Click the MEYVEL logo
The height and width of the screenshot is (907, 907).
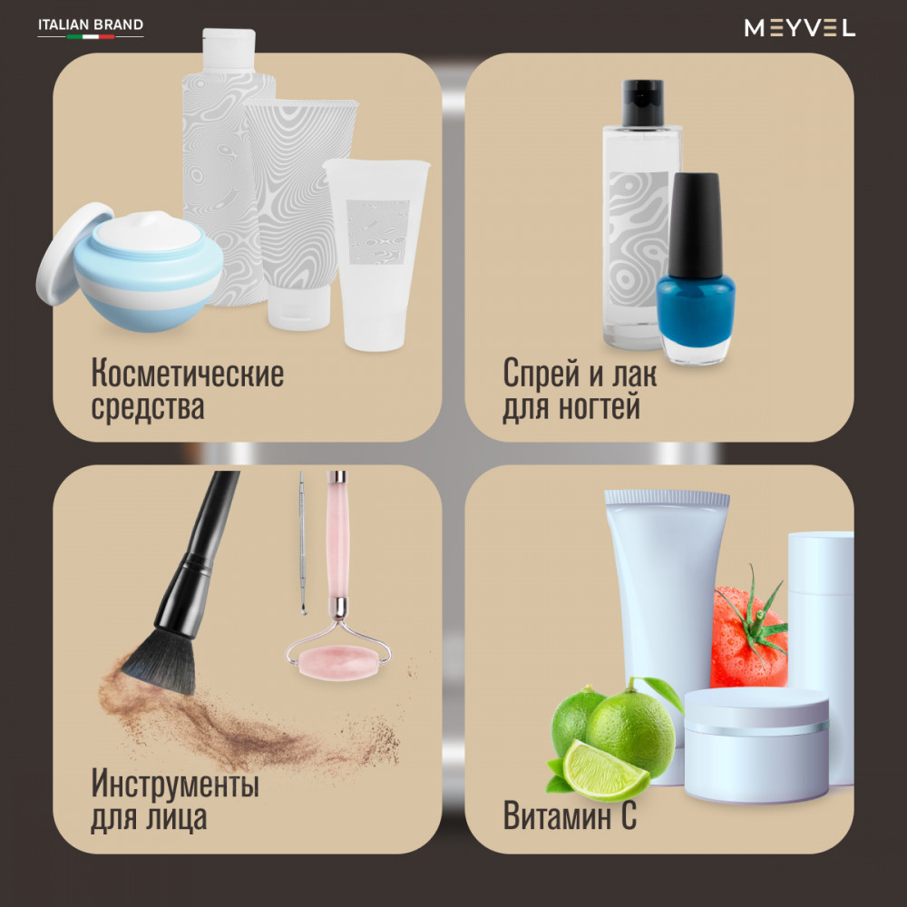point(799,28)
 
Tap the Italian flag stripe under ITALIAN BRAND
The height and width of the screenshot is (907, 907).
point(91,36)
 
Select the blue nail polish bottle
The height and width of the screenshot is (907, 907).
point(696,268)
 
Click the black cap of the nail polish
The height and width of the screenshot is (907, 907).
point(696,225)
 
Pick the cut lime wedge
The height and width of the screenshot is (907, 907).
point(605,769)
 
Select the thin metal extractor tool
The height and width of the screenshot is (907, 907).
point(302,542)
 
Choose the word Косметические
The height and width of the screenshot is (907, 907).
point(188,373)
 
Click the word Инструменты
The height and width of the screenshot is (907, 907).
point(175,784)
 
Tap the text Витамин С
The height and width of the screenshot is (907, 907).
point(570,815)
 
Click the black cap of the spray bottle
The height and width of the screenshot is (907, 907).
point(642,102)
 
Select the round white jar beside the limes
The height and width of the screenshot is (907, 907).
point(756,745)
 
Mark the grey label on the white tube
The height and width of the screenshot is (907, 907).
point(378,232)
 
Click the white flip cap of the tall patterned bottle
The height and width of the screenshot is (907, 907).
point(229,49)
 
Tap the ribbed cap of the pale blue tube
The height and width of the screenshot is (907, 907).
point(667,497)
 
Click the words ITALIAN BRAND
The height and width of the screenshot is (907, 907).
point(91,24)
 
